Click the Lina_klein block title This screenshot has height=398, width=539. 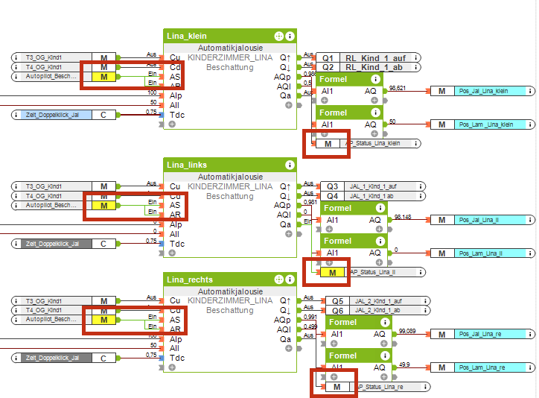pyautogui.click(x=187, y=36)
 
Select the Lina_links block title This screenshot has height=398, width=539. pyautogui.click(x=187, y=165)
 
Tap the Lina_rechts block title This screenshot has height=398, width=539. pyautogui.click(x=190, y=279)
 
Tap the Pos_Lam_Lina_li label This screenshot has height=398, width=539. pyautogui.click(x=484, y=253)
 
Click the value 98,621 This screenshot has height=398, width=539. pyautogui.click(x=398, y=89)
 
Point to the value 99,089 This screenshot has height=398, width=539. pyautogui.click(x=407, y=330)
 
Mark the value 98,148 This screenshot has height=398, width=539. pyautogui.click(x=402, y=217)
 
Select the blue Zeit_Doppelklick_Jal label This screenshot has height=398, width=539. pyautogui.click(x=52, y=115)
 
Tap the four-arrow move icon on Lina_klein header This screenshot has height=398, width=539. pyautogui.click(x=278, y=36)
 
